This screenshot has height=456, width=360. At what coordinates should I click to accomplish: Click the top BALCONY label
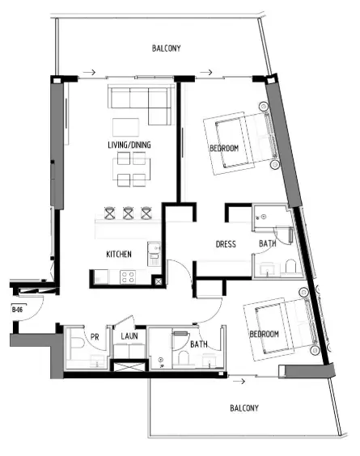tap(166, 49)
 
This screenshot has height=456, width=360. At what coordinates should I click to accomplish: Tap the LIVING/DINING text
tap(129, 146)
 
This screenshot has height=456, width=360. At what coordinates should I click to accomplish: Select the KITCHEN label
tap(119, 255)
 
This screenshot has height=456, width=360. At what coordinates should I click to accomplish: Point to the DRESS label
tap(226, 244)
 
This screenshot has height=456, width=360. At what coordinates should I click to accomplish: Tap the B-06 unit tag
tap(16, 310)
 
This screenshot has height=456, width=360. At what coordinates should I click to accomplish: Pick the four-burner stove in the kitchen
tap(128, 277)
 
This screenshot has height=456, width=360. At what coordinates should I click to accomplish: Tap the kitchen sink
tap(153, 255)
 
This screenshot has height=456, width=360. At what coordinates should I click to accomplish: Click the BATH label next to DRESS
tap(267, 244)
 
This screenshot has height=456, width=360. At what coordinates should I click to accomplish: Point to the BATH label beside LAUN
tap(199, 344)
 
